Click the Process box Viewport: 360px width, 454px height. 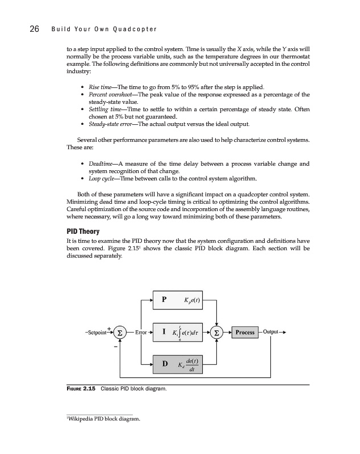(x=245, y=332)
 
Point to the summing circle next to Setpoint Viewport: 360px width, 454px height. (x=120, y=332)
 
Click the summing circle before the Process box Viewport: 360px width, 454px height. (x=217, y=332)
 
